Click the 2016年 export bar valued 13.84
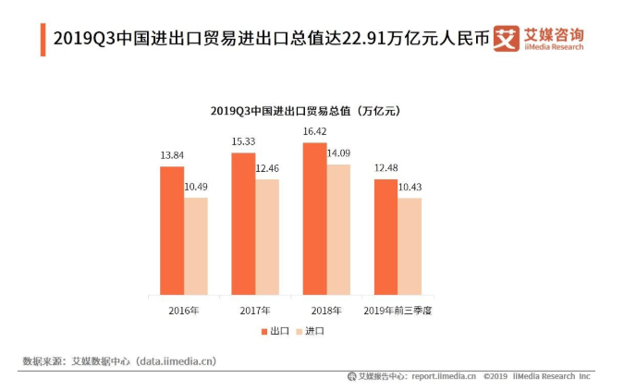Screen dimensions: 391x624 [x=172, y=231]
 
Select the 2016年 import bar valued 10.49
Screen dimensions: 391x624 [x=196, y=247]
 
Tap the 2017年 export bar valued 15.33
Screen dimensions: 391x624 [x=243, y=225]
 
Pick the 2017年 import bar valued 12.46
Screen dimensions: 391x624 [x=267, y=238]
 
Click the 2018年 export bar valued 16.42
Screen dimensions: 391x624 [x=314, y=219]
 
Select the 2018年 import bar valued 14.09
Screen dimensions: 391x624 [x=338, y=230]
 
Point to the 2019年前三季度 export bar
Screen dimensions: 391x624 [x=385, y=238]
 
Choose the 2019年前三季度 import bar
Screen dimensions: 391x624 [x=410, y=247]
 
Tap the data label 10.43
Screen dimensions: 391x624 [x=410, y=189]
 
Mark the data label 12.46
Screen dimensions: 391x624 [x=268, y=170]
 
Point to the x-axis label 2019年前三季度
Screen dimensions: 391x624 [x=398, y=310]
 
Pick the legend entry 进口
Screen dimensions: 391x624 [x=312, y=330]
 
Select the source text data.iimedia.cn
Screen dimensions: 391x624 [x=181, y=360]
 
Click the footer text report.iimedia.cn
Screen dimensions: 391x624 [x=444, y=376]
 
